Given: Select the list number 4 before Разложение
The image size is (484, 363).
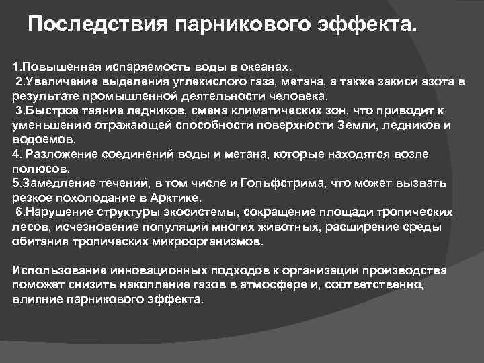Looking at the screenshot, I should [16, 154].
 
